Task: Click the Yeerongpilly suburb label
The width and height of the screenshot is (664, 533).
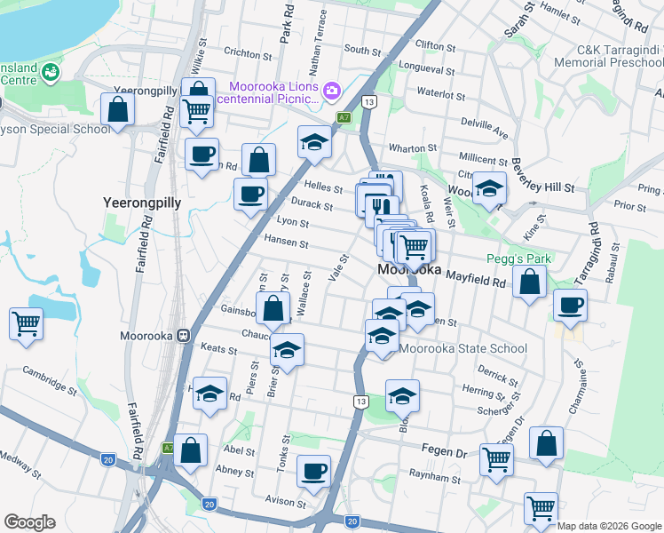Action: (142, 203)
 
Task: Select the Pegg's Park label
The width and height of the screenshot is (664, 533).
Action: (519, 259)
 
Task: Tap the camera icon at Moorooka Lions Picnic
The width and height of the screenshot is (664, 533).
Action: (332, 90)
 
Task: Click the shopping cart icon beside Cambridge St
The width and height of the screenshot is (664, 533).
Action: (27, 323)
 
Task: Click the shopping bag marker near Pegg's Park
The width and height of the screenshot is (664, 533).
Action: (529, 283)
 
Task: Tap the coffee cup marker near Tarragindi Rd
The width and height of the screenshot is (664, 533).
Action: (570, 305)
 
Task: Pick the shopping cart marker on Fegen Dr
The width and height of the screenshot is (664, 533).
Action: (496, 459)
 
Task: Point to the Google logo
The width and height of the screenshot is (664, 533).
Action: (29, 522)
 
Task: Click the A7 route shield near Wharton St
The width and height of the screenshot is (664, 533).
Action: (344, 117)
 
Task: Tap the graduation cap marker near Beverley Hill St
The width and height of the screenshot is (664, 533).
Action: (488, 187)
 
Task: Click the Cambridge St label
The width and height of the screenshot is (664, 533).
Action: (51, 379)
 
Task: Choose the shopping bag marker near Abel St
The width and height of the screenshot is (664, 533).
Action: (191, 449)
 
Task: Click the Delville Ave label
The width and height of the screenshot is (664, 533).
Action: (484, 128)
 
